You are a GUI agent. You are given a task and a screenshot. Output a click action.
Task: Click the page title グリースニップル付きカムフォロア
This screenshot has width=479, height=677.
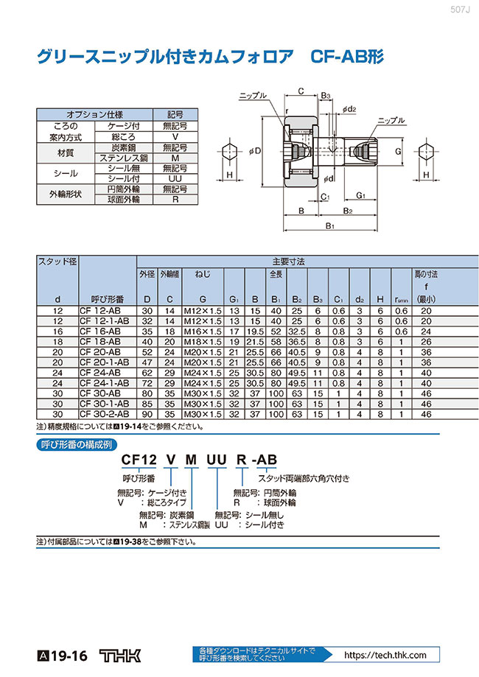161,57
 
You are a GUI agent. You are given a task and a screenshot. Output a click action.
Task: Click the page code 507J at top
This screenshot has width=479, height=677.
460,10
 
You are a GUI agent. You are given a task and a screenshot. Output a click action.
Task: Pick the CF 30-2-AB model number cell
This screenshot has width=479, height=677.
104,415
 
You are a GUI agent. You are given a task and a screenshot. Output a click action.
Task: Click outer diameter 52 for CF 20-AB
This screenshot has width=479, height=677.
147,353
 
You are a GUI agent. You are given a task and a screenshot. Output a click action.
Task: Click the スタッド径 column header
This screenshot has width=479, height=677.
57,262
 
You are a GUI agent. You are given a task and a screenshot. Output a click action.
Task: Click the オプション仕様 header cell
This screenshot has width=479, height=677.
95,114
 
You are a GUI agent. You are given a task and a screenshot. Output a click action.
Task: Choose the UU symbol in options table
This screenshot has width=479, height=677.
175,179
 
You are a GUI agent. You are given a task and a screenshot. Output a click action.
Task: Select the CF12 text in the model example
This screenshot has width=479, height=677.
139,461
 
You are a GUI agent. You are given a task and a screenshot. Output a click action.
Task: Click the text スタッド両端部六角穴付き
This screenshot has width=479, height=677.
303,479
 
